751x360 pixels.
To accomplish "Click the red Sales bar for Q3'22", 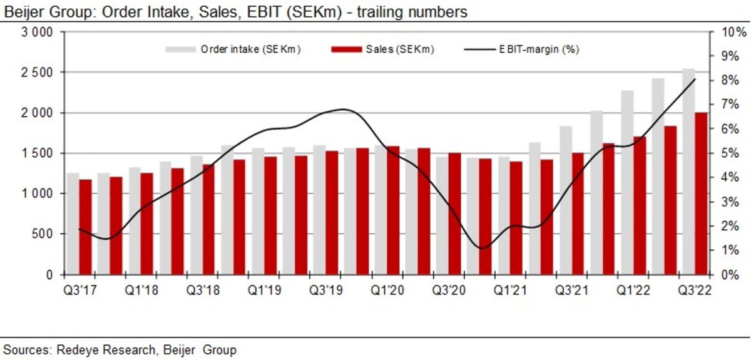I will pos(701,193).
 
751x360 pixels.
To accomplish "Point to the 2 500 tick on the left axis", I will pos(38,73).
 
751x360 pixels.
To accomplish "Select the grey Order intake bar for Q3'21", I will pos(566,200).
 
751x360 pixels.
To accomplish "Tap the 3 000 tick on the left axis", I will pos(38,33).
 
